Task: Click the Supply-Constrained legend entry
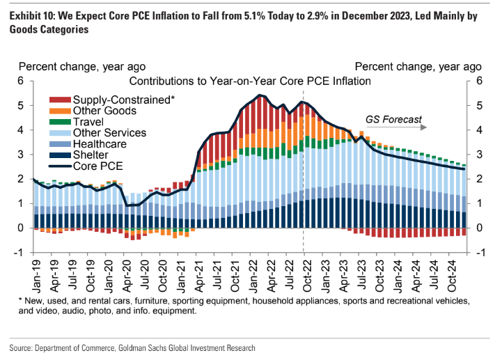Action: click(x=123, y=100)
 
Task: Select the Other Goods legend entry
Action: click(x=104, y=111)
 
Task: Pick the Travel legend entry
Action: click(x=90, y=122)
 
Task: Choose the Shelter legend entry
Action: click(x=92, y=155)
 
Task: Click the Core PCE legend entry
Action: click(x=97, y=167)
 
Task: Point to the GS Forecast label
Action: click(x=393, y=119)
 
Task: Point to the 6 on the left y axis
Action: click(x=21, y=81)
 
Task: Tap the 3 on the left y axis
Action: click(x=21, y=154)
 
